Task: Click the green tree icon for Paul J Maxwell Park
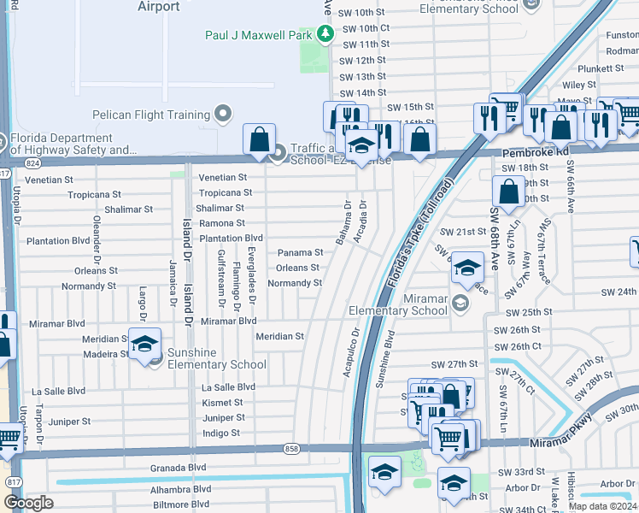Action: (x=325, y=34)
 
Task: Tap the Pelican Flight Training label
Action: (x=152, y=115)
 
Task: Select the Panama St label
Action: (x=300, y=253)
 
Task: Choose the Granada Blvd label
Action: (x=179, y=468)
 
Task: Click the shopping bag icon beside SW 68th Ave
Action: (x=508, y=193)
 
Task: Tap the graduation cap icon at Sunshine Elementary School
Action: (x=144, y=345)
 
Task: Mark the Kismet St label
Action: (x=223, y=403)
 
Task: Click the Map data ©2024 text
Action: (x=603, y=505)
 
